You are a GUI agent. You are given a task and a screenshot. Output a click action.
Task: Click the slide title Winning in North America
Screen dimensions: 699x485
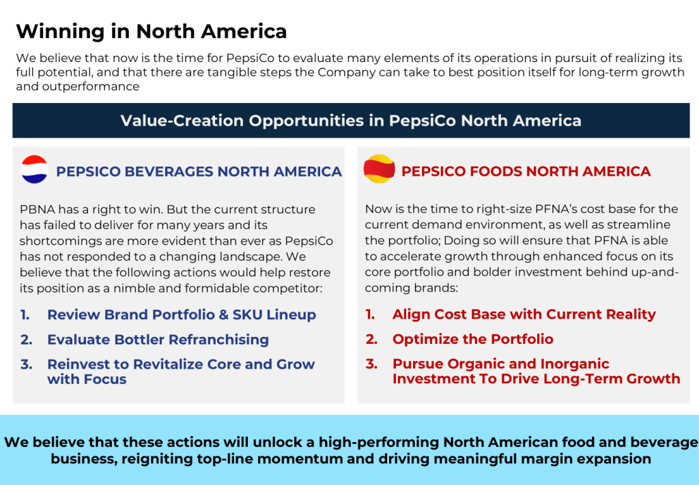(151, 31)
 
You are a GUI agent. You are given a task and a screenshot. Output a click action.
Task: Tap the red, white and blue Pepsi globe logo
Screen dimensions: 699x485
(34, 169)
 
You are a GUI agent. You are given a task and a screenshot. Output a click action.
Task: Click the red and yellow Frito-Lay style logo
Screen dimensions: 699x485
(380, 168)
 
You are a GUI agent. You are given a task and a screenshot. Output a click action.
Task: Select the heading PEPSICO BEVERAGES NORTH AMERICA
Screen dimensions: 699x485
(199, 171)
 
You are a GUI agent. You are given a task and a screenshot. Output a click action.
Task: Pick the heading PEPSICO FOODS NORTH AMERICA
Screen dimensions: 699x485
(526, 171)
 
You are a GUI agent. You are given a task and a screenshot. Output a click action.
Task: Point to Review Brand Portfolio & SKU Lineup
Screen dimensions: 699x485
(182, 314)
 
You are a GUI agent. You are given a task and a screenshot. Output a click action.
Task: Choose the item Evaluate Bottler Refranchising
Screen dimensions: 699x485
(158, 340)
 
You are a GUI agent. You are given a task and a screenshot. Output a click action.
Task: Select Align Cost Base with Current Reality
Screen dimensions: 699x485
(524, 314)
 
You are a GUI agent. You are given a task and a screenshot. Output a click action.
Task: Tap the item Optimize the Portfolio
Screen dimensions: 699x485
(472, 339)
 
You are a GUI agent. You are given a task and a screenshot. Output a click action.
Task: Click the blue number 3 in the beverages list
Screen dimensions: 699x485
(26, 364)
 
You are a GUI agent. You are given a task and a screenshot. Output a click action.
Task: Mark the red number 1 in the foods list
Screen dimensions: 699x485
(370, 314)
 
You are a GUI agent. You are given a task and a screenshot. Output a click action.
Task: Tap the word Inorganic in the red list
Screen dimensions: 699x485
(575, 364)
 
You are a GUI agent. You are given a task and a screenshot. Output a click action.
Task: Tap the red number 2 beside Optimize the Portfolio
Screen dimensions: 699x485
(371, 339)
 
